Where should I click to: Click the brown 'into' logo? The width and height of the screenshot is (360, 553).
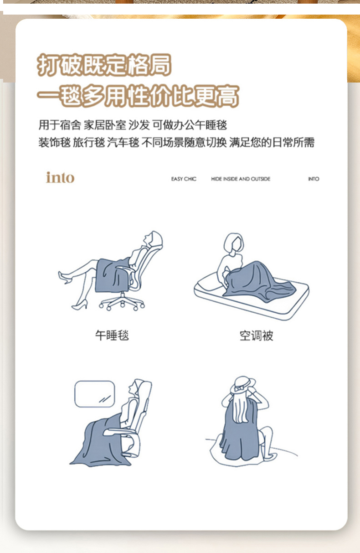tap(60, 177)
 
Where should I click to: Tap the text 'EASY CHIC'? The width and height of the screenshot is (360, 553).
tap(184, 179)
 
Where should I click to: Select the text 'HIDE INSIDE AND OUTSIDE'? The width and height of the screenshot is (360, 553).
tap(241, 179)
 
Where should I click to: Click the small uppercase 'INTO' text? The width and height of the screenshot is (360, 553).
tap(314, 179)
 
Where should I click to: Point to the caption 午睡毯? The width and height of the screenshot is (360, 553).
tap(112, 336)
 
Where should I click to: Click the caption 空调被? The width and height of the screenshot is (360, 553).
tap(257, 336)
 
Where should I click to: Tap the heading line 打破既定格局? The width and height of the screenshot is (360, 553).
tap(104, 65)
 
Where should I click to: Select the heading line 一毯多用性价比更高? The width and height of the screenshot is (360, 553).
tap(138, 96)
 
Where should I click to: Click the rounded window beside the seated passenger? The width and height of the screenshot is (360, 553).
tap(95, 394)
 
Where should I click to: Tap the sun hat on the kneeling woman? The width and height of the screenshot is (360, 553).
tap(243, 385)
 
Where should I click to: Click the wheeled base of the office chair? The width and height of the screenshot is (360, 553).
tap(122, 302)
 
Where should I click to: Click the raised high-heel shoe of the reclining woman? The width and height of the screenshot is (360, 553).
tap(65, 277)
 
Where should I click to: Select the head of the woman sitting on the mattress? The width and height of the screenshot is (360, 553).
tap(234, 243)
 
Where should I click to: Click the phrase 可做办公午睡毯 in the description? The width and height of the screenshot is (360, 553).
tap(190, 125)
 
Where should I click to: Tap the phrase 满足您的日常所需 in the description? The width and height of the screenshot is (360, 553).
tap(272, 142)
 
